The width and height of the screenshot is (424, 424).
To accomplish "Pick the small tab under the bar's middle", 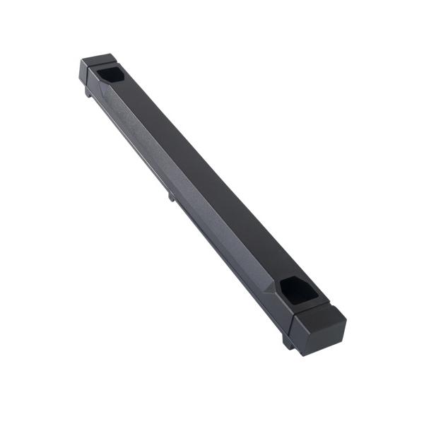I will pos(172,196).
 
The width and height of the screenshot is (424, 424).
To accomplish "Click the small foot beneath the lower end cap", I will pos(288,343).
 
